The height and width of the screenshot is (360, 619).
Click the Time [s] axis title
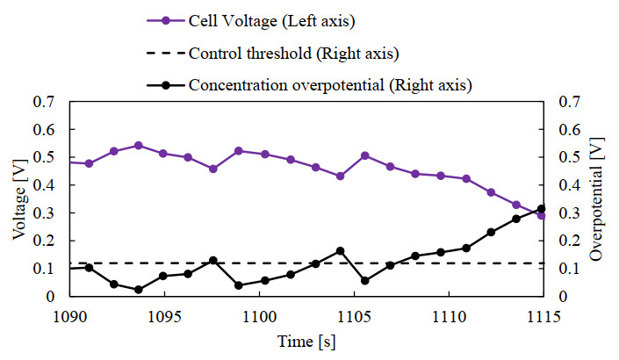[x=306, y=341]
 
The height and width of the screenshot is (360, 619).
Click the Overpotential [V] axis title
[x=597, y=198]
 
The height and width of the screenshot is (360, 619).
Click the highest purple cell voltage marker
[x=139, y=146]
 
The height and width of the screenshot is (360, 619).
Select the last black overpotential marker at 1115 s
[x=541, y=209]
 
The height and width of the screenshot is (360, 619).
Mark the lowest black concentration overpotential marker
[x=139, y=290]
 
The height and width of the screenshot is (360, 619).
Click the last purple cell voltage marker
[x=541, y=215]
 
